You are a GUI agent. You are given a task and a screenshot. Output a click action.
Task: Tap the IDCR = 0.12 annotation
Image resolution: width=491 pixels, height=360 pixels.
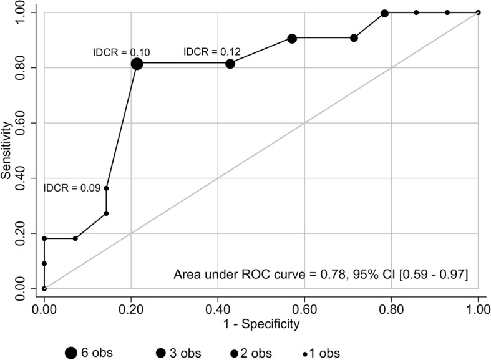211,52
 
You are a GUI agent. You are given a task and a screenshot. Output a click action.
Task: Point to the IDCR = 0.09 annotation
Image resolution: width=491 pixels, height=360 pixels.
71,188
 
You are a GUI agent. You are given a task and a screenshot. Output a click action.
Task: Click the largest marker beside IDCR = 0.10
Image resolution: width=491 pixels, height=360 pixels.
137,64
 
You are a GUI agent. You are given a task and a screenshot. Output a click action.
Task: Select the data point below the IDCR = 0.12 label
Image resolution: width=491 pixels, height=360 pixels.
230,64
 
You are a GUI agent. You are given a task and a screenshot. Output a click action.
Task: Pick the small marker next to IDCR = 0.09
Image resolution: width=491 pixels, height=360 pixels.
107,188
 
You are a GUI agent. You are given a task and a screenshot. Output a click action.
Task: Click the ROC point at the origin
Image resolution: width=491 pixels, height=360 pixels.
44,288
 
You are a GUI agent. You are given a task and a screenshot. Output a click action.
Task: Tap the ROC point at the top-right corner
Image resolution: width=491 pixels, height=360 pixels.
479,12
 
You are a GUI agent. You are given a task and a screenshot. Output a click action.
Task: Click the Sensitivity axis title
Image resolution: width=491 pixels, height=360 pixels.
7,150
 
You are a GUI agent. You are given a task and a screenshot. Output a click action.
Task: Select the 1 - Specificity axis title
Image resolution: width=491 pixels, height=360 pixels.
261,324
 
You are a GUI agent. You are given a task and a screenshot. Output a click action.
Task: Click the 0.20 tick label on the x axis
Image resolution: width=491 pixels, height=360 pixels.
131,306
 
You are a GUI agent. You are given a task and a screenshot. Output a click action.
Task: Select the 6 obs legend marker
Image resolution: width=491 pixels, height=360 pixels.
72,353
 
